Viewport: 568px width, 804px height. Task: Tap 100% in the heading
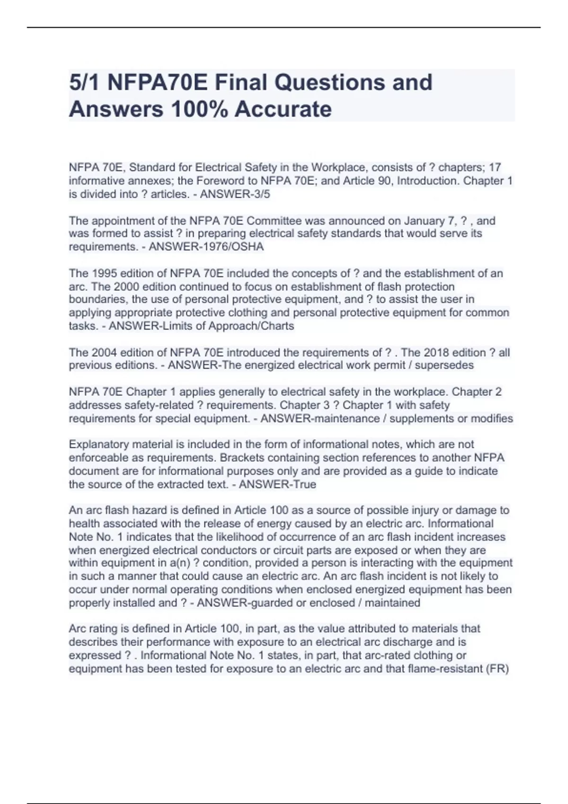(198, 109)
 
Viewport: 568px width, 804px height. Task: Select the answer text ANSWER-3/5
(235, 194)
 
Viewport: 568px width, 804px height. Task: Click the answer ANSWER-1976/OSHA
(206, 246)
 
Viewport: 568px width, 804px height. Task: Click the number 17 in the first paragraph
(495, 167)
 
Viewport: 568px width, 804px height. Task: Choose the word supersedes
(446, 365)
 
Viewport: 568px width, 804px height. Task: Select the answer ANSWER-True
(277, 484)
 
